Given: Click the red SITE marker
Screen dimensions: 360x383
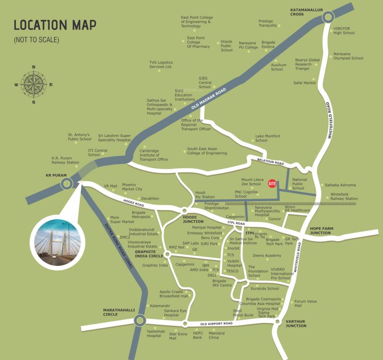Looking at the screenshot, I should coord(272,184).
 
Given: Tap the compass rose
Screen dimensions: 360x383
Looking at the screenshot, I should coord(33,85).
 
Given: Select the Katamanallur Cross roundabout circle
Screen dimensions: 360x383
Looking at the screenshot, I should coord(328,17).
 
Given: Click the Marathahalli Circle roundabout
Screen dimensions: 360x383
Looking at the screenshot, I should coord(139,321).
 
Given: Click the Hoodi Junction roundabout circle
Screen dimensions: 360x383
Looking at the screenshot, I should coord(184,210).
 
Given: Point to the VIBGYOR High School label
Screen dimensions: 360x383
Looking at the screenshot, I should coord(344,30).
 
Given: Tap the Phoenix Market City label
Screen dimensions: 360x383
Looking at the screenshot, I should coord(132,187).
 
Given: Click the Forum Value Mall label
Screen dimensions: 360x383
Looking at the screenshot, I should coord(305,303).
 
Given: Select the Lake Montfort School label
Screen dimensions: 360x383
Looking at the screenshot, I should coord(267,138).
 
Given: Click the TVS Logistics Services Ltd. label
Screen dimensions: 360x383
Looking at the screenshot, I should coord(161,64).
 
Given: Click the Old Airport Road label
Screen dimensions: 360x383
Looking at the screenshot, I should coord(216,324).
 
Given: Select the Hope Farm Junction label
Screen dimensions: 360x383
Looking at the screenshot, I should coord(320,230).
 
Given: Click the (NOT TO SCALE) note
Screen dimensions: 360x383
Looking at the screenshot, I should coord(37,40).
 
